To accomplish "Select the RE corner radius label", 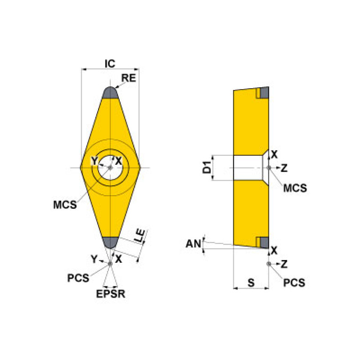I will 129,78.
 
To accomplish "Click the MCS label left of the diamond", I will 65,205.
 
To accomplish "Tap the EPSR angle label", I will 111,295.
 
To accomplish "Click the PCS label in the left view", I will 78,278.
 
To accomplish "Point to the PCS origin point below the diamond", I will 110,264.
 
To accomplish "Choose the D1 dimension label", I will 206,168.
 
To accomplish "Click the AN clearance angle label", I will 193,243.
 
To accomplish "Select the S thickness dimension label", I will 251,283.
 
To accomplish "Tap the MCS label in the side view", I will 295,188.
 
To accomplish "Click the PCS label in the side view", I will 294,283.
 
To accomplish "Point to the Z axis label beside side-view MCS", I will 284,168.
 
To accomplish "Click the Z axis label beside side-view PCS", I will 284,264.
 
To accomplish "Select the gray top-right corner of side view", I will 264,93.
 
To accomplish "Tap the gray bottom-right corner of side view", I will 264,242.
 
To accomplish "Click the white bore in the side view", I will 247,168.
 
